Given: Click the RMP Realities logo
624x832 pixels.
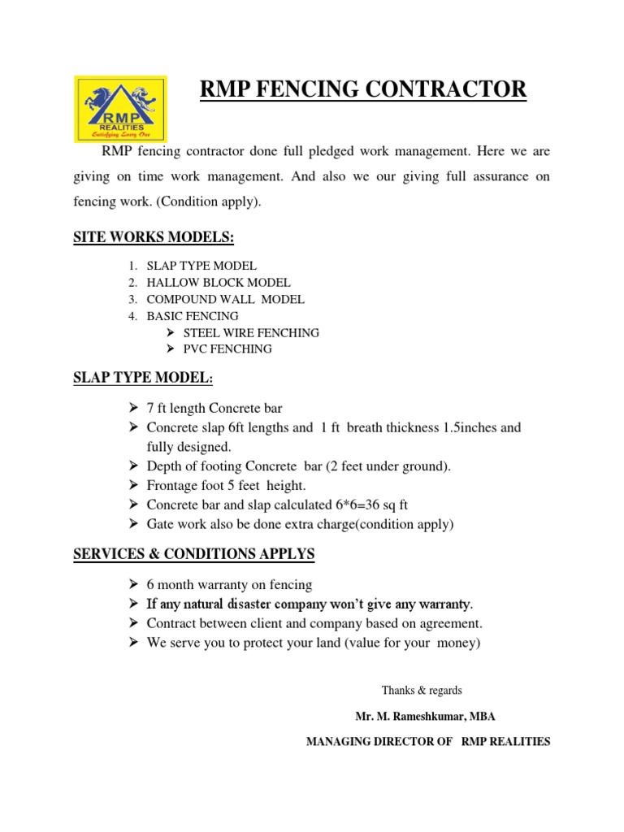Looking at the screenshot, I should coord(120,107).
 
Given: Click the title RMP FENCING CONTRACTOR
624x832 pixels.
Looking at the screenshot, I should coord(363,89).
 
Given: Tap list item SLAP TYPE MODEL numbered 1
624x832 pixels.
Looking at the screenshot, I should coord(201,266).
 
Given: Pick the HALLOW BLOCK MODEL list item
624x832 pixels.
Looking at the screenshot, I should coord(218,283).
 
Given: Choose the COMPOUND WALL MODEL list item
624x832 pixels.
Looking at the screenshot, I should coord(225,299).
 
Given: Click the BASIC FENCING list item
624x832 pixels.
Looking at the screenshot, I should coord(193,316).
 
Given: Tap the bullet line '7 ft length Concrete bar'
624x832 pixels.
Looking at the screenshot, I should coord(214,408).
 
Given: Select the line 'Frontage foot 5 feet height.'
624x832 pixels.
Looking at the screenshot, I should coord(227,485).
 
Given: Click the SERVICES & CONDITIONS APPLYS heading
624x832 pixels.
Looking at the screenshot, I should coord(194,554).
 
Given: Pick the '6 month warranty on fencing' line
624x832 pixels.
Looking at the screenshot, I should coord(229,585).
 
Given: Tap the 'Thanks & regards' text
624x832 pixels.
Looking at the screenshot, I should coord(422,691).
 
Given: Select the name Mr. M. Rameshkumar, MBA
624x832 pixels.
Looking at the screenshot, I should coord(425,717).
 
